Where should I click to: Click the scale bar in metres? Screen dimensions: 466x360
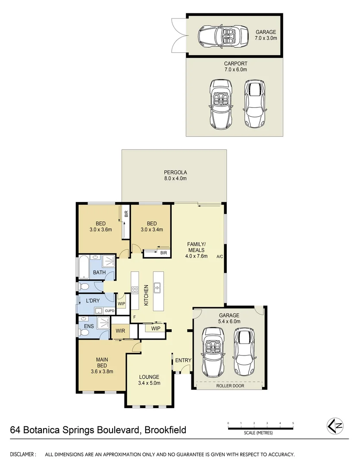click(x=260, y=428)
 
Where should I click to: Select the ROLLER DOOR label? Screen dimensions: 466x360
click(x=230, y=386)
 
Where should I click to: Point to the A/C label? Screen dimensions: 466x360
click(x=219, y=256)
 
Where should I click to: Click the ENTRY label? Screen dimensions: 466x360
click(x=183, y=360)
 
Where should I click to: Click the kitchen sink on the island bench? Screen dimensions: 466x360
click(x=157, y=285)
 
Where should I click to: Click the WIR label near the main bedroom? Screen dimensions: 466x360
click(x=120, y=331)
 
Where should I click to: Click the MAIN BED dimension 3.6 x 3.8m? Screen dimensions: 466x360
click(x=102, y=370)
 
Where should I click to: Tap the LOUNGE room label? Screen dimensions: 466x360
click(x=149, y=377)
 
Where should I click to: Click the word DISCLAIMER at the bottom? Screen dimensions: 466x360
click(x=22, y=454)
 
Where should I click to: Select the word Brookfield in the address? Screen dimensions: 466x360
click(x=165, y=430)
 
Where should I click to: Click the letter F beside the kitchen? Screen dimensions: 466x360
click(x=135, y=318)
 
